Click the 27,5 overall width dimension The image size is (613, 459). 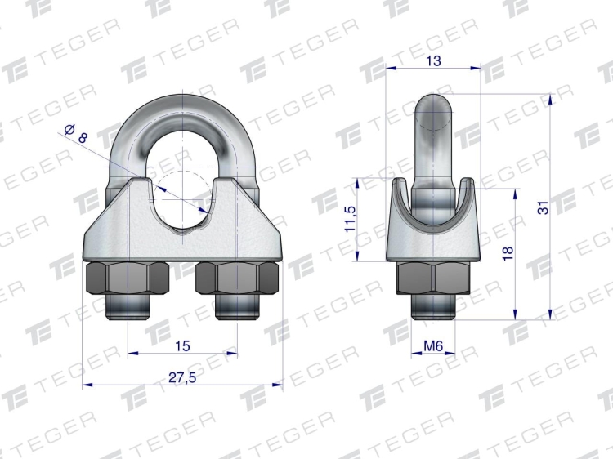click(182, 377)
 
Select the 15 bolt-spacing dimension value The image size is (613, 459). click(182, 345)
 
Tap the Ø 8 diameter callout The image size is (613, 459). click(76, 134)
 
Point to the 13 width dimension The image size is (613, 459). click(433, 61)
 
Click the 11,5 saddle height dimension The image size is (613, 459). click(351, 219)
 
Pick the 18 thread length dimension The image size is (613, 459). click(508, 254)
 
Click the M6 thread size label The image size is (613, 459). click(433, 345)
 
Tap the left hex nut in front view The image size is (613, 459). click(128, 279)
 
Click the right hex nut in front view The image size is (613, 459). click(237, 279)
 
